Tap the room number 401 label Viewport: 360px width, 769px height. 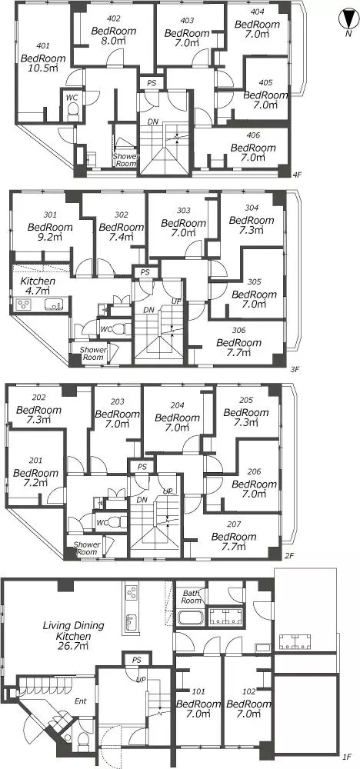[x=42, y=46]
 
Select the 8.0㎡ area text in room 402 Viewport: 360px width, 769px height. [x=111, y=41]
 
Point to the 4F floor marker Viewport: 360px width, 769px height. [x=295, y=175]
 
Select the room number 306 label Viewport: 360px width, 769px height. [x=239, y=331]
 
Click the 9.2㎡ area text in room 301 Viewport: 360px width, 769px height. [x=50, y=238]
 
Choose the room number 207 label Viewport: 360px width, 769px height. [x=233, y=524]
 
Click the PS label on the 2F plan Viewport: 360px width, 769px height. [x=142, y=466]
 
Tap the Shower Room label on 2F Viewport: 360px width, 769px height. [x=87, y=548]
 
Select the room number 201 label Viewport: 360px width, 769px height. [x=35, y=461]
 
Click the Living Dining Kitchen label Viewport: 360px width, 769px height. [x=74, y=631]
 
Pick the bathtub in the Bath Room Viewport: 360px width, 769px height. [x=190, y=617]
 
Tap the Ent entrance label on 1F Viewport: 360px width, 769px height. [x=81, y=701]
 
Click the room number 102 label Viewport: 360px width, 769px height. [x=249, y=692]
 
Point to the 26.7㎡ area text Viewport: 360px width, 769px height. [x=74, y=647]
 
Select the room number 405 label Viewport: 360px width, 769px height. [x=265, y=83]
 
